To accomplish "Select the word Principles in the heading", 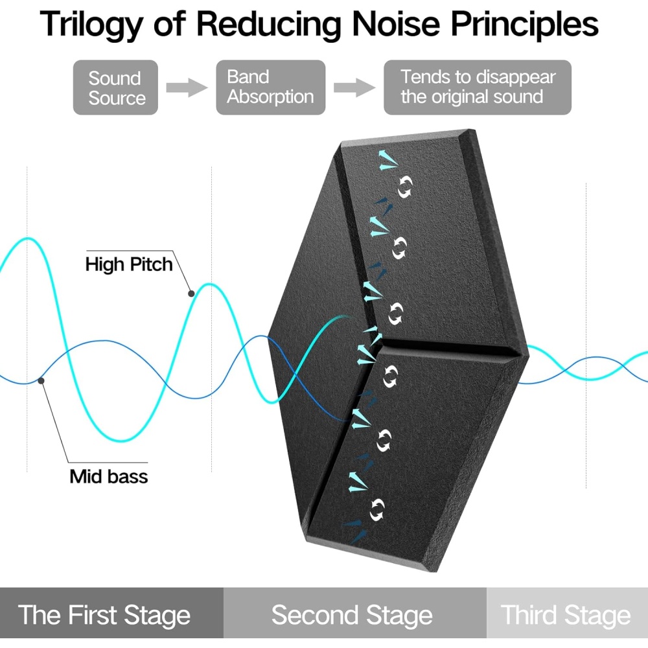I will [524, 25].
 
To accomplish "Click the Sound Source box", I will [115, 87].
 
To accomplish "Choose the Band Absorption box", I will [270, 87].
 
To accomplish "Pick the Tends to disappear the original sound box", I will [477, 87].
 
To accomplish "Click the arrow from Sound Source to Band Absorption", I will [187, 88].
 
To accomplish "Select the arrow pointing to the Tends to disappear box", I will [354, 88].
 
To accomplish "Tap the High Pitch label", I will [129, 264].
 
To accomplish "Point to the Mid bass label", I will [109, 476].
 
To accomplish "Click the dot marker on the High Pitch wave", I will [191, 294].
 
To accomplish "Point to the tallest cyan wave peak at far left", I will [27, 239].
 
